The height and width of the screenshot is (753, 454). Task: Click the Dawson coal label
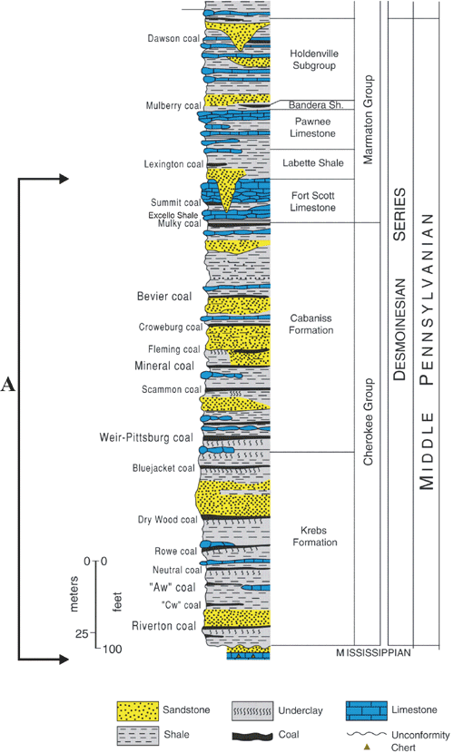click(173, 38)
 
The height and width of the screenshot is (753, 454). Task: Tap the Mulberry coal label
click(173, 105)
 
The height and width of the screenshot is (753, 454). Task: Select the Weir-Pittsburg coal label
click(146, 437)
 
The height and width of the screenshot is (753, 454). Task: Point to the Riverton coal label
click(163, 626)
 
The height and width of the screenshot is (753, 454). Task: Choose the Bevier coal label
click(164, 297)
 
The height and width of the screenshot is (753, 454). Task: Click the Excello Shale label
click(173, 215)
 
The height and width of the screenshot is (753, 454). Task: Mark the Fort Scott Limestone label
click(313, 201)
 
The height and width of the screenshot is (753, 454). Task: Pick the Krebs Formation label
click(315, 536)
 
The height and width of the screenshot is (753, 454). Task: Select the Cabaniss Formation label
click(311, 324)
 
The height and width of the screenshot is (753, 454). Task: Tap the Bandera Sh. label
click(316, 104)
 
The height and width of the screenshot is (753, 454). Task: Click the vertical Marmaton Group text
click(368, 120)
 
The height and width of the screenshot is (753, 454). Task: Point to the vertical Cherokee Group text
click(368, 422)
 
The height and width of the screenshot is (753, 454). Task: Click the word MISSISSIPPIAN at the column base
click(373, 652)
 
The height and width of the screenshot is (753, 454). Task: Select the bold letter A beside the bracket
click(7, 385)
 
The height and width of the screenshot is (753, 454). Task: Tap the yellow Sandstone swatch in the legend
click(137, 710)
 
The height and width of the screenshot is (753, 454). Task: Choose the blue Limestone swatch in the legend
click(366, 710)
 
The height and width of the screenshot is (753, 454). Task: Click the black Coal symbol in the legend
click(252, 736)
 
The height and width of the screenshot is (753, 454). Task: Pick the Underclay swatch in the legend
click(252, 710)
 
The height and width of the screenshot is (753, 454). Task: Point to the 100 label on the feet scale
click(112, 650)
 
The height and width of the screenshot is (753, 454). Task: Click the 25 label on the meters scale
click(81, 634)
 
